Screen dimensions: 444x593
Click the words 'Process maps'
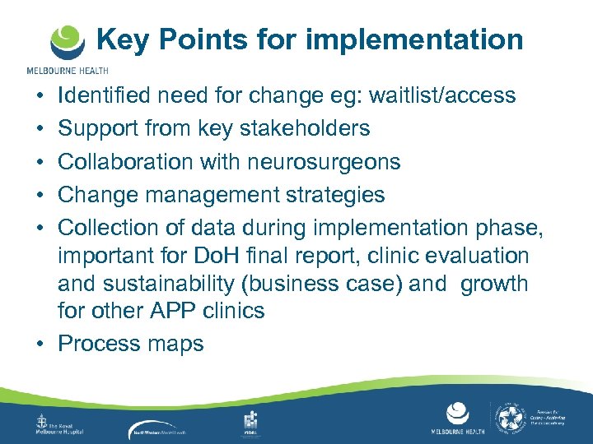(x=130, y=343)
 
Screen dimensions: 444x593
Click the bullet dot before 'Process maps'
(x=40, y=344)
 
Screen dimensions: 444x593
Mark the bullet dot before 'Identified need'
(x=40, y=96)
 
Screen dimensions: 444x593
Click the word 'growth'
(x=494, y=284)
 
